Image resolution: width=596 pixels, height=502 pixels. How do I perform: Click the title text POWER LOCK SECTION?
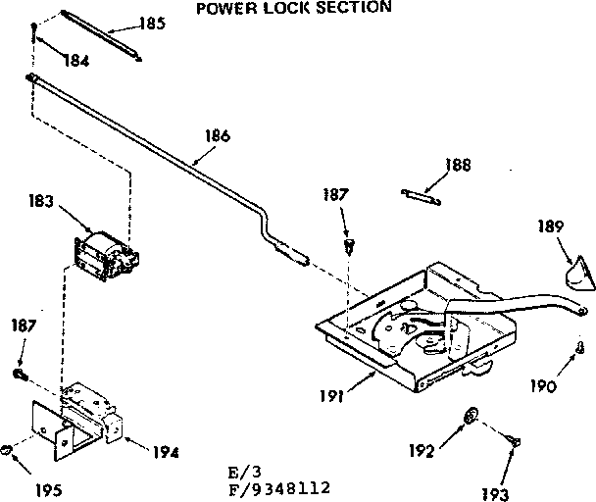point(294,8)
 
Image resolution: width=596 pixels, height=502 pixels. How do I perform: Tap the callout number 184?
point(75,61)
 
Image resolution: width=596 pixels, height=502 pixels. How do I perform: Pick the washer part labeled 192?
point(471,417)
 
